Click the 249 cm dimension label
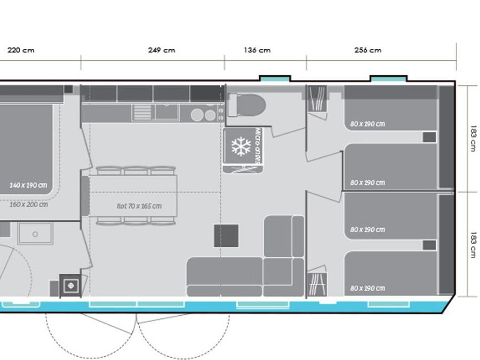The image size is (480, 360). (162, 50)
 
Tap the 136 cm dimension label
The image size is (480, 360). (257, 50)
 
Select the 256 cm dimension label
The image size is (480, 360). (368, 50)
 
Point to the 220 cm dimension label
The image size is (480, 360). (21, 50)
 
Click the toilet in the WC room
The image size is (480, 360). (247, 105)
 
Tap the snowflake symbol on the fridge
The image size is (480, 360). (241, 146)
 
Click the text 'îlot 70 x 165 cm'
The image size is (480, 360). (139, 206)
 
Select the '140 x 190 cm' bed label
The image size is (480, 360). (28, 185)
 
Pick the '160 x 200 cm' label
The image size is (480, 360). (28, 204)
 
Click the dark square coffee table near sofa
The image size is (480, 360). (226, 236)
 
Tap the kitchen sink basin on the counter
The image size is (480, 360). (167, 112)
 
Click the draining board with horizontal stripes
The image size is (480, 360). (142, 113)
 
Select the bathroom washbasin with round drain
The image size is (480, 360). (35, 233)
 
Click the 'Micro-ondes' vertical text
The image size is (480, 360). (259, 146)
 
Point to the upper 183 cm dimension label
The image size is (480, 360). (473, 138)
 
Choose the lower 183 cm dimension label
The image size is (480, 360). (473, 245)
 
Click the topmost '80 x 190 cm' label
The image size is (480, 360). (367, 124)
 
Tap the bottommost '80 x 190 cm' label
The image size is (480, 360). (367, 289)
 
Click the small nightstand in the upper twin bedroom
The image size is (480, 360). (429, 137)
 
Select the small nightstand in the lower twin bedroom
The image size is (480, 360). (429, 245)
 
